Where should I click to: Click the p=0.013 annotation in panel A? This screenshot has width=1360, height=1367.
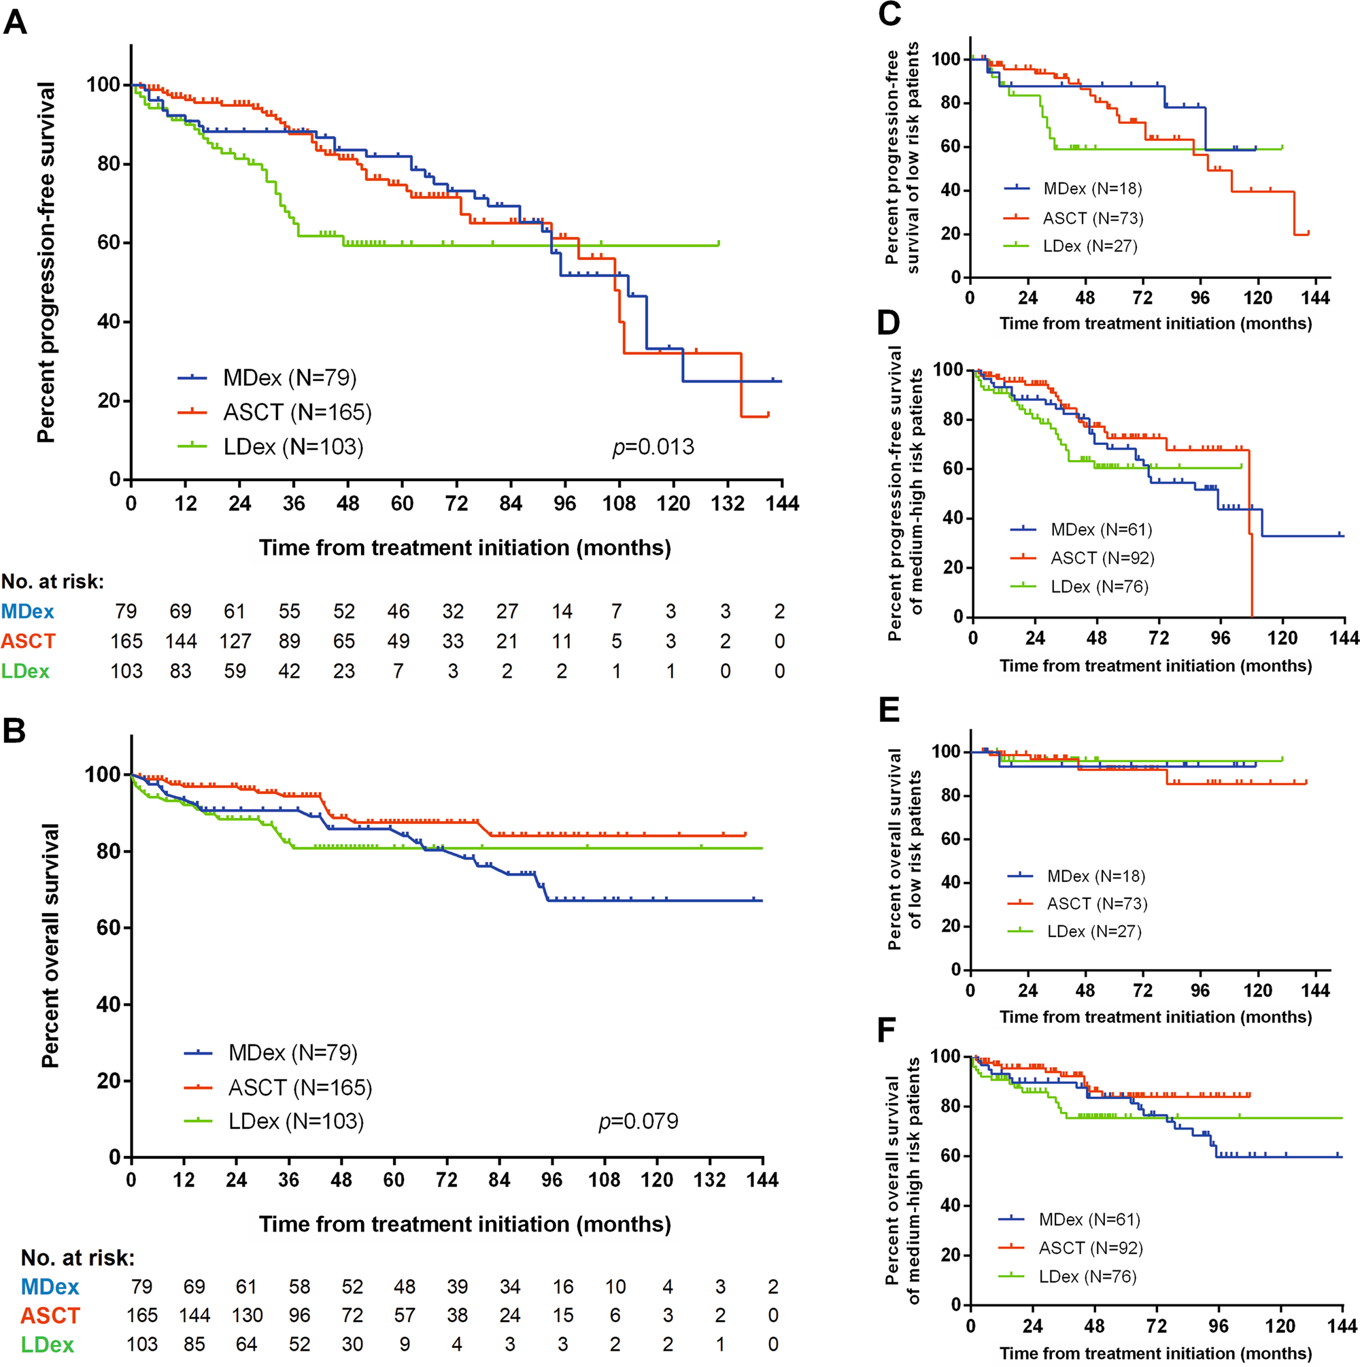point(653,447)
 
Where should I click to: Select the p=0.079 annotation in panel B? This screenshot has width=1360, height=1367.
point(638,1121)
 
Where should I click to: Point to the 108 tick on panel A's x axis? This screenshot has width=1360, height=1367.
point(619,504)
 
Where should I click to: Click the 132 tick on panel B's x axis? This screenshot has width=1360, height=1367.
point(709,1180)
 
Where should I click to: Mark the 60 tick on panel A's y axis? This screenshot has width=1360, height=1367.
point(108,243)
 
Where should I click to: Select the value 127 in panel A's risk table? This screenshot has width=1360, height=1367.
point(235,641)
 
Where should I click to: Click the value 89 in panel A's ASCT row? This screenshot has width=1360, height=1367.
point(289,641)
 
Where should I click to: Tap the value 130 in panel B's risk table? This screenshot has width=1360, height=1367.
point(247,1315)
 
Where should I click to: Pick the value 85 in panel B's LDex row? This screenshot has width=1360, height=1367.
point(194,1345)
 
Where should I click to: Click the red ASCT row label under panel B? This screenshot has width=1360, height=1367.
point(50,1315)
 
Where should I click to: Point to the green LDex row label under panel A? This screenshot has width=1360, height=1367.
point(25,671)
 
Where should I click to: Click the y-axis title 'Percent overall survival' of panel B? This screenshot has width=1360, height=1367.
point(50,945)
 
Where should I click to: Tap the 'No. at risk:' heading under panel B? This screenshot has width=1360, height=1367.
point(78,1257)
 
